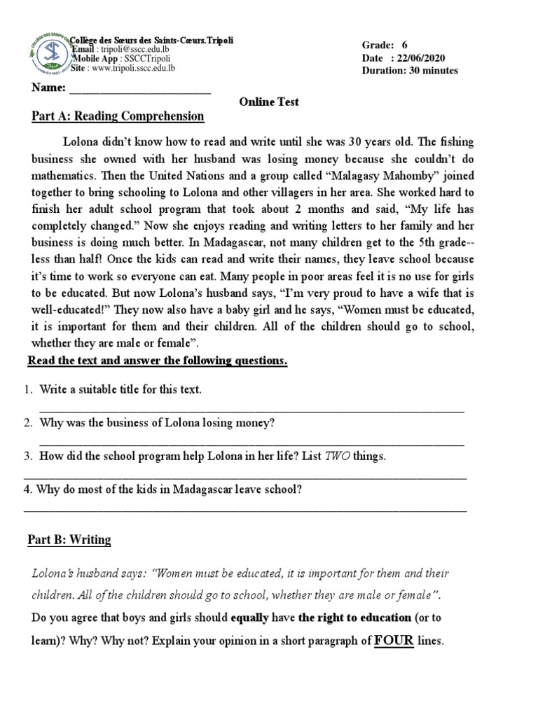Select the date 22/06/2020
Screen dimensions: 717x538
tap(420, 57)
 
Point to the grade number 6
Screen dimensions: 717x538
tap(404, 44)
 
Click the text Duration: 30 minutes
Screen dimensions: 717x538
tap(410, 71)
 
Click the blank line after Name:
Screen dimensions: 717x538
tap(140, 89)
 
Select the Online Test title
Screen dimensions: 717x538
tap(269, 102)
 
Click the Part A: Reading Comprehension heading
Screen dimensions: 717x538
tap(118, 116)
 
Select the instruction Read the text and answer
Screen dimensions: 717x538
tap(157, 361)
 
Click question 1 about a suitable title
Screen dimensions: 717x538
tap(120, 389)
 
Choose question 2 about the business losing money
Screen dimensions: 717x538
tap(157, 423)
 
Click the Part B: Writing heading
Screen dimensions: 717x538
tap(69, 540)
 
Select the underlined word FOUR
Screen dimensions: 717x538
tap(393, 640)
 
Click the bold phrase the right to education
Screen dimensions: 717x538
tap(355, 618)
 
